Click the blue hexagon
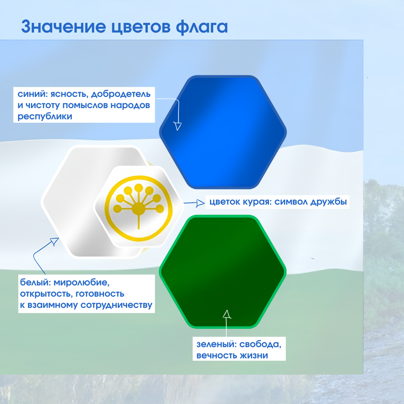[223, 132]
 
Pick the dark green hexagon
[223, 272]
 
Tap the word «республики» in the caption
[45, 116]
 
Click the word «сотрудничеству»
[117, 305]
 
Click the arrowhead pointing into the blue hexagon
[178, 126]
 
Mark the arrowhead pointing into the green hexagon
[226, 314]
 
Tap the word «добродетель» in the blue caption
[121, 94]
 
